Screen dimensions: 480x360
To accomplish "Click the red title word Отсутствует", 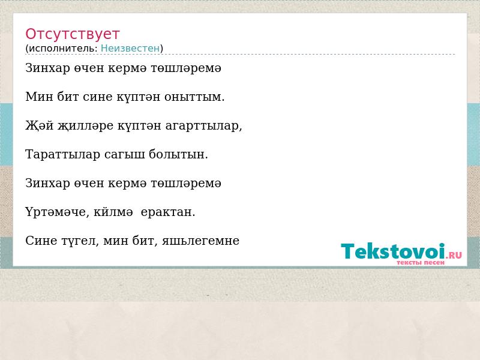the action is (x=72, y=34).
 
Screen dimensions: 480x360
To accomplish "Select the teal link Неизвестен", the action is (x=130, y=49).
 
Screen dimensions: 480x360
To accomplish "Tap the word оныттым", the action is (x=194, y=97).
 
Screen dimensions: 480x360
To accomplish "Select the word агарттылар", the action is (x=203, y=126).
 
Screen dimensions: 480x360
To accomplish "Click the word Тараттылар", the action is (x=63, y=154).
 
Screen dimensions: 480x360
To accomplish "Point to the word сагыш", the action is (x=125, y=155).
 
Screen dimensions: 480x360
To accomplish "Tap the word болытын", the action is (x=178, y=154).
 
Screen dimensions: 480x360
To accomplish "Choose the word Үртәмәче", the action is (x=57, y=212).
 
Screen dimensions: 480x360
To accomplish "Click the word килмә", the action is (x=113, y=212).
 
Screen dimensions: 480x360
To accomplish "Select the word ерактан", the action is (x=168, y=212).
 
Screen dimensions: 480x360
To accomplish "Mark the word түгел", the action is (x=80, y=241).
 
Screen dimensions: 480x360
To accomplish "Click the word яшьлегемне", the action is (x=200, y=241).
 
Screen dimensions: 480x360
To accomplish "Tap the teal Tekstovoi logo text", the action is (x=393, y=251).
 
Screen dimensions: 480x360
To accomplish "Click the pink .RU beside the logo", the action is (x=454, y=254).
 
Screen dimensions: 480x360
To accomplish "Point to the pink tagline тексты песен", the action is (x=421, y=263).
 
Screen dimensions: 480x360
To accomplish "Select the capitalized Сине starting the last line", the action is (x=41, y=241).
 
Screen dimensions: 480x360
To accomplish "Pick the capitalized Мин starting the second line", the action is (x=39, y=97).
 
